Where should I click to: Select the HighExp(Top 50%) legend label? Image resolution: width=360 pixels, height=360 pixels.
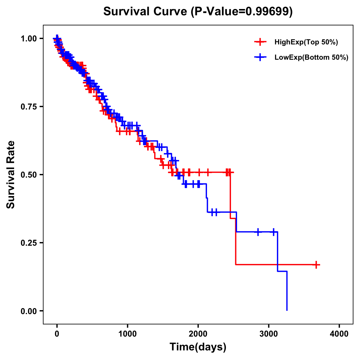[x=306, y=42]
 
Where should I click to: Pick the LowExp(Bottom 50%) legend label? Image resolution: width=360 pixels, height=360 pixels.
[x=311, y=58]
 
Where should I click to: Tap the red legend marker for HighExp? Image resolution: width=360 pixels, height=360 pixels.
[x=260, y=42]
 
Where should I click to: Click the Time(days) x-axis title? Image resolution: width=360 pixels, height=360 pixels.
[x=198, y=347]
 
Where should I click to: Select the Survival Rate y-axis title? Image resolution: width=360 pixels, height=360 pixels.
[x=11, y=175]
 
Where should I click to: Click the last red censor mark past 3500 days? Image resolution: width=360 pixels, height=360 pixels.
[x=316, y=265]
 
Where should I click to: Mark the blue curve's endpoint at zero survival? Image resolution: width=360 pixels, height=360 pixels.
[x=287, y=310]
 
